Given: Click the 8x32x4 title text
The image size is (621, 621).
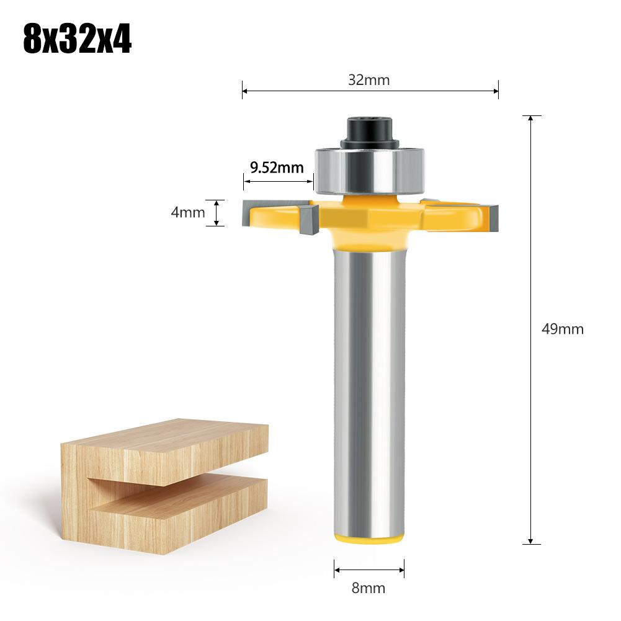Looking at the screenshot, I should tap(77, 38).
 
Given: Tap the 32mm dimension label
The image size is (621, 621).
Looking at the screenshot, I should tap(370, 79).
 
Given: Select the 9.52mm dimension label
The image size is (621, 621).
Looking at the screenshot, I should tap(277, 168).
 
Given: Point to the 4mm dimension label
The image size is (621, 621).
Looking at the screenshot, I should tap(188, 212).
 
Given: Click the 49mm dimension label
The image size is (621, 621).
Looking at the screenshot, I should tap(563, 329).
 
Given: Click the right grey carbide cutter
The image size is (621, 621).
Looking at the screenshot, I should tap(491, 215).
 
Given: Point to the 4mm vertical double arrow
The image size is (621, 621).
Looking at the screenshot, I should tap(216, 213).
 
